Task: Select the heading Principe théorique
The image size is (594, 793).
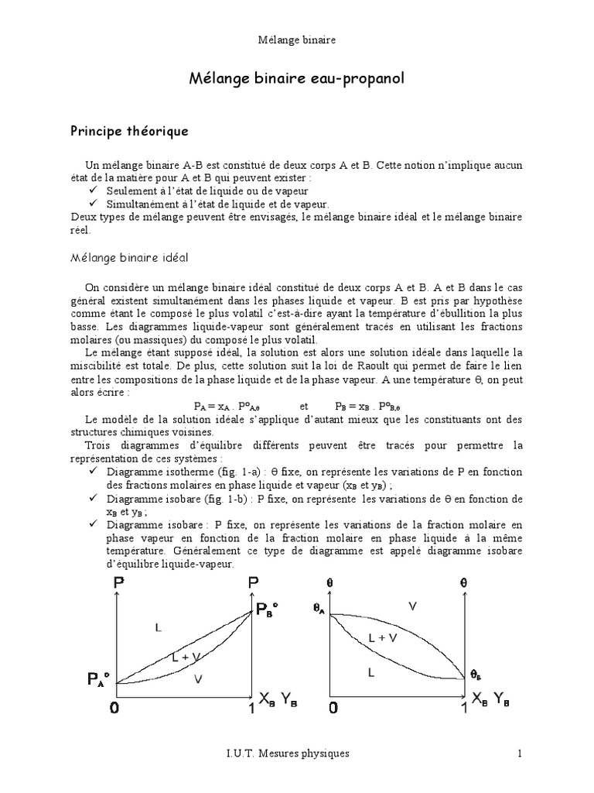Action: click(x=137, y=132)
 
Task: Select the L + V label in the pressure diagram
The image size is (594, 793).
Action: click(x=186, y=657)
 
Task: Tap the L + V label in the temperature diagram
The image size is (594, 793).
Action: click(x=383, y=638)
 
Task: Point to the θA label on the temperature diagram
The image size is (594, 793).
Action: click(x=319, y=609)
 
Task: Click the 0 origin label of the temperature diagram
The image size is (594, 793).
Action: click(x=333, y=708)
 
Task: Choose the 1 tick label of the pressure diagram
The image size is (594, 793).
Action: click(x=248, y=708)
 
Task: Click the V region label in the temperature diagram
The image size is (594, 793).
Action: click(x=411, y=606)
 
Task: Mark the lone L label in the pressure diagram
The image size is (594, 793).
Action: click(x=158, y=629)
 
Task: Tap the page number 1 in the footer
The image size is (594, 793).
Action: click(x=520, y=753)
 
